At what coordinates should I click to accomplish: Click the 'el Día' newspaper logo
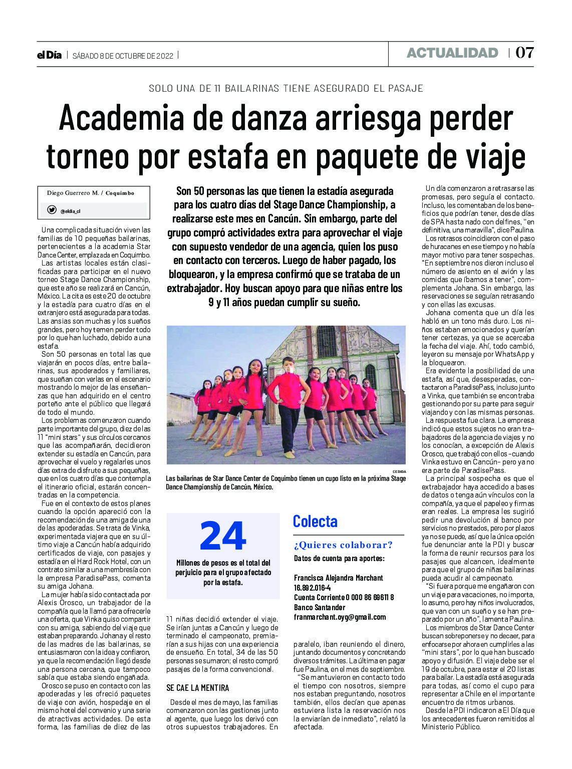pyautogui.click(x=49, y=55)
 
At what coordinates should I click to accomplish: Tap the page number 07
pyautogui.click(x=524, y=53)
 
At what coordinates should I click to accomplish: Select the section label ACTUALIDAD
pyautogui.click(x=452, y=53)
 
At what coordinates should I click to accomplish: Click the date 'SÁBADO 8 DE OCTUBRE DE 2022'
pyautogui.click(x=123, y=56)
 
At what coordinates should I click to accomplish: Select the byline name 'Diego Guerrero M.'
pyautogui.click(x=73, y=193)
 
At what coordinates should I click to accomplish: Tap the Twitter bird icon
pyautogui.click(x=52, y=210)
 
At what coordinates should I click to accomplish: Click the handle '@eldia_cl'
pyautogui.click(x=71, y=211)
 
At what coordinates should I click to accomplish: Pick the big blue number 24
pyautogui.click(x=223, y=537)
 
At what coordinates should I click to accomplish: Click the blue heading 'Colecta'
pyautogui.click(x=315, y=522)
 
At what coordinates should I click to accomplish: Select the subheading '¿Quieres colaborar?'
pyautogui.click(x=343, y=545)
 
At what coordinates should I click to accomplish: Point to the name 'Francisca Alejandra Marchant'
pyautogui.click(x=338, y=578)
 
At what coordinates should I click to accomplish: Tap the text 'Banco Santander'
pyautogui.click(x=320, y=607)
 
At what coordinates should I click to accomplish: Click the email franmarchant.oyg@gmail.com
pyautogui.click(x=340, y=617)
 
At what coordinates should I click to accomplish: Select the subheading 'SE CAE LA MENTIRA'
pyautogui.click(x=197, y=688)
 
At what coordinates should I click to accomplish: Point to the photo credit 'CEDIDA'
pyautogui.click(x=399, y=471)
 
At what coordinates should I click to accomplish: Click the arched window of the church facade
pyautogui.click(x=327, y=341)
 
